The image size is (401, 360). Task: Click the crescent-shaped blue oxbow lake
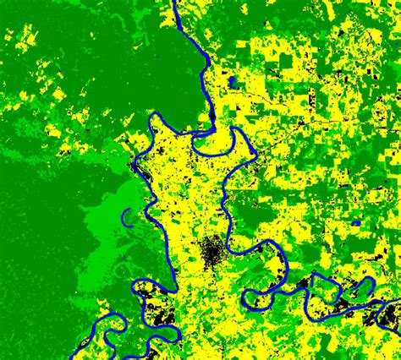pyautogui.click(x=125, y=219)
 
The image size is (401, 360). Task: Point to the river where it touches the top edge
pyautogui.click(x=174, y=3)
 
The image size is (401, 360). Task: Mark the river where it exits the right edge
pyautogui.click(x=398, y=301)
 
